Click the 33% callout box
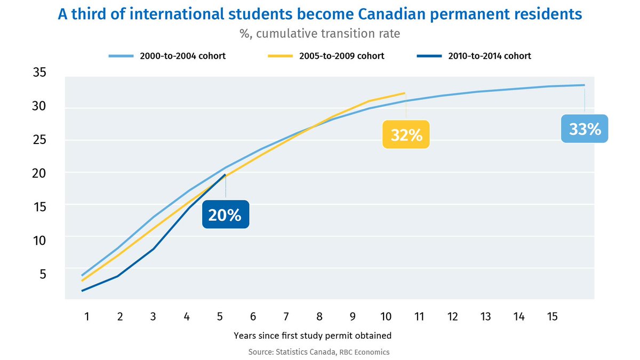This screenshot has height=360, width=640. pos(585,129)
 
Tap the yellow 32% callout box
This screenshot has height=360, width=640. pos(406,135)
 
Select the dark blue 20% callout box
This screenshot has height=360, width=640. pos(226,214)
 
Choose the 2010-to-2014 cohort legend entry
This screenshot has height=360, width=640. pos(488,55)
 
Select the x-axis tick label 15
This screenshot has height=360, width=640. pos(552,317)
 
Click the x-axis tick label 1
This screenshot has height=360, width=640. pos(86,317)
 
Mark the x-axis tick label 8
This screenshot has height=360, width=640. pos(319,317)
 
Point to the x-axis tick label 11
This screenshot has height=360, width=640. pos(419,317)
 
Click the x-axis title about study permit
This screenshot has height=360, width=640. pos(313,335)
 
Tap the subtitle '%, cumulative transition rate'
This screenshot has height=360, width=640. pos(319,34)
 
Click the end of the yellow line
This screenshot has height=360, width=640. pos(405,93)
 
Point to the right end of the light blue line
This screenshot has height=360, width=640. pos(585,85)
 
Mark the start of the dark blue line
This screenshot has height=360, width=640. pos(82,291)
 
